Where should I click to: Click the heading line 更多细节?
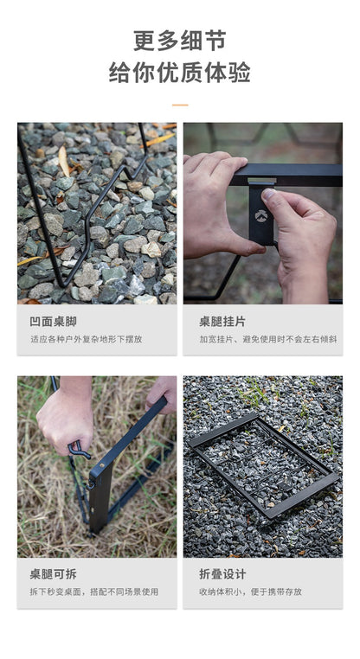180,41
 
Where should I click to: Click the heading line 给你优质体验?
180,73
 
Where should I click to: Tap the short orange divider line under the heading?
180,105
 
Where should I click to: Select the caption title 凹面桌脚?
54,323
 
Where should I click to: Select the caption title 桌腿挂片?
222,323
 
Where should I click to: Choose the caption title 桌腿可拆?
54,574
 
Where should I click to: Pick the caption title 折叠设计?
222,574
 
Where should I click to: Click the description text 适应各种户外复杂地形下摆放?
87,339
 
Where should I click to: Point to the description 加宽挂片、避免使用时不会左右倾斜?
268,339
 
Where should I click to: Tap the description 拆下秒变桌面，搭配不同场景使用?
94,592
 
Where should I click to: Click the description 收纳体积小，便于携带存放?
251,592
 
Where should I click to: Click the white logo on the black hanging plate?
261,215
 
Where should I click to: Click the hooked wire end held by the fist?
78,450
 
